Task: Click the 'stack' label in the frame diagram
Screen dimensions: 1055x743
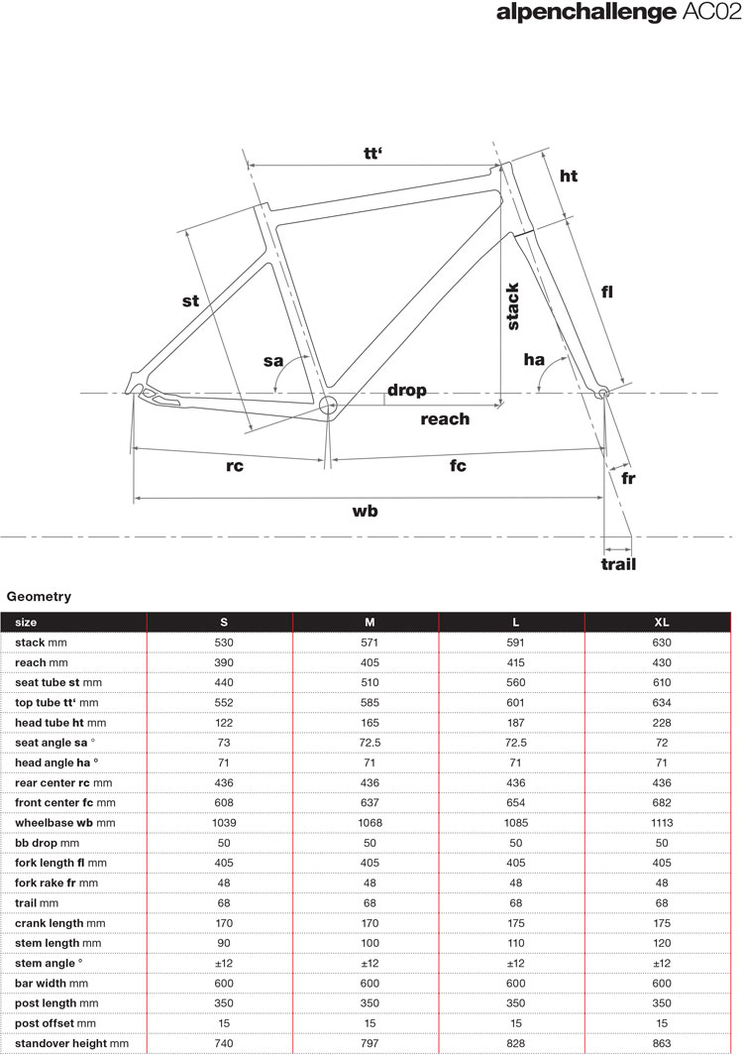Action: [513, 306]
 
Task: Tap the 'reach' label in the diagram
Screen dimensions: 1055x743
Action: [445, 418]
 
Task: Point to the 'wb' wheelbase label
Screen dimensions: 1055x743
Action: [366, 511]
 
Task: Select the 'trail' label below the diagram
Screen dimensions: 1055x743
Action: [618, 564]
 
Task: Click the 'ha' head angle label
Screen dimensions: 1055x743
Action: [535, 359]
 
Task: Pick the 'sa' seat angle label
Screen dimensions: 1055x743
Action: [273, 361]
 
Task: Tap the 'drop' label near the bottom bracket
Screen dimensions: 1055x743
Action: [406, 390]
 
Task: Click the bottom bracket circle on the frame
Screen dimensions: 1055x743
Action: [329, 404]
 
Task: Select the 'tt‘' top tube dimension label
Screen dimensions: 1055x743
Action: [373, 153]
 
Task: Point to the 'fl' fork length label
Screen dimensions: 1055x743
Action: [606, 291]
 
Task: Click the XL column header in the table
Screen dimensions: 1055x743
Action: [662, 622]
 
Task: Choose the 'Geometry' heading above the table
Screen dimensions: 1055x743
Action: [39, 596]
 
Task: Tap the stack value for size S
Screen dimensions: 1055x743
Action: [224, 643]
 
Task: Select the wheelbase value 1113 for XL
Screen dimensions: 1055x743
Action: [662, 823]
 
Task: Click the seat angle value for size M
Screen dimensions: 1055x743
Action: [370, 743]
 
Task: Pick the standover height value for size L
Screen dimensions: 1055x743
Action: [515, 1043]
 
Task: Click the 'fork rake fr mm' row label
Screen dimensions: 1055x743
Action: [56, 882]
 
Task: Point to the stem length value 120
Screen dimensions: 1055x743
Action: [662, 943]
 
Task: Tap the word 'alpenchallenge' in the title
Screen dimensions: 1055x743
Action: [579, 13]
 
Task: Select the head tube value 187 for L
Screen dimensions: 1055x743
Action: [515, 723]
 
